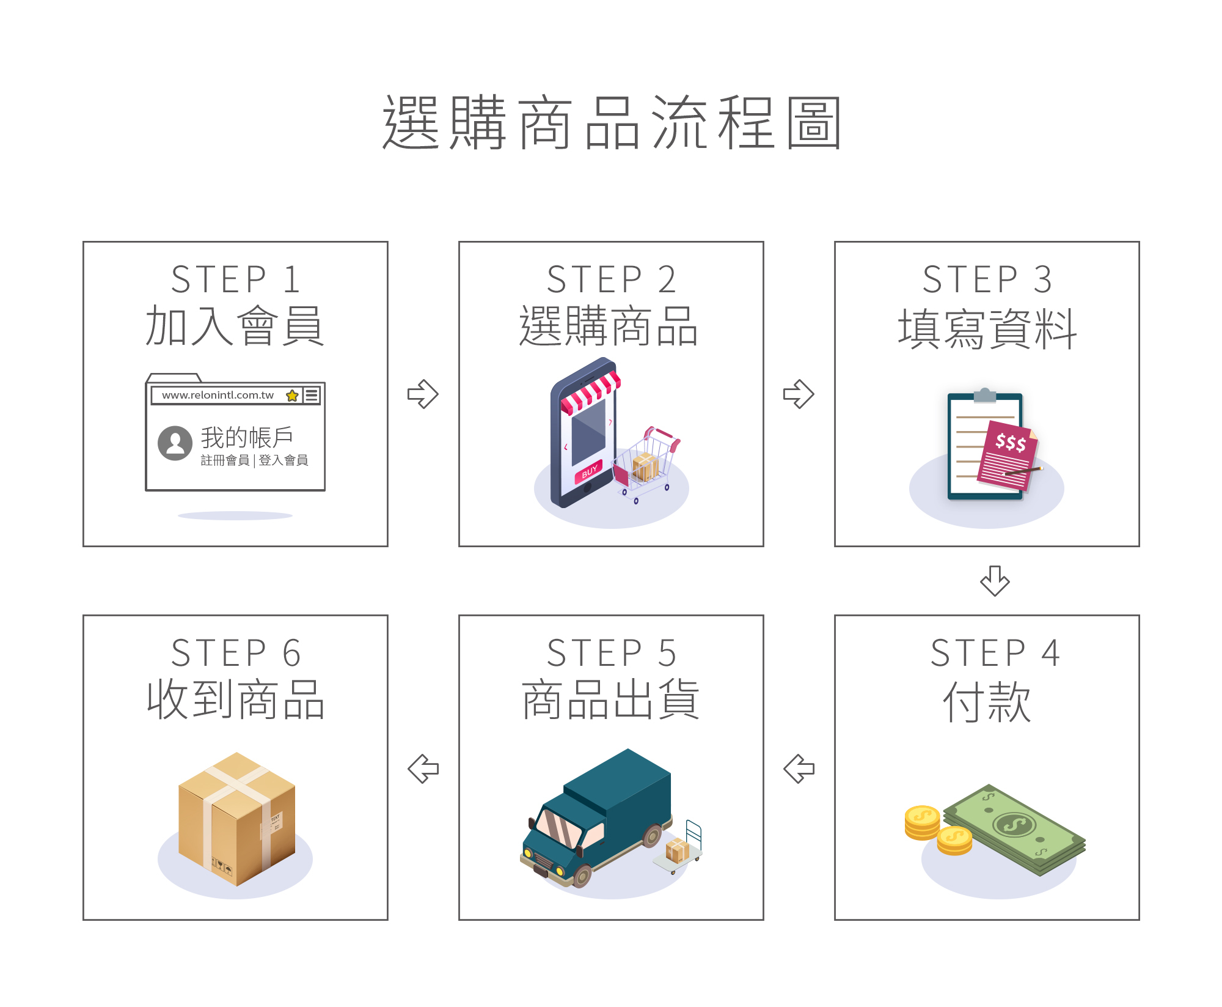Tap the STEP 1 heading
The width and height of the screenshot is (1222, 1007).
click(235, 279)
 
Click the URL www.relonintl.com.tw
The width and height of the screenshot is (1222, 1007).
click(218, 395)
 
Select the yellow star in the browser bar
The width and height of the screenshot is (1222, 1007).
click(292, 396)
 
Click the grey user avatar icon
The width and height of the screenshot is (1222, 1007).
click(175, 443)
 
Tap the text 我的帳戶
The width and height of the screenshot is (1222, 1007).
click(247, 437)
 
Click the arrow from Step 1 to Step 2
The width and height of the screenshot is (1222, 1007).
click(423, 394)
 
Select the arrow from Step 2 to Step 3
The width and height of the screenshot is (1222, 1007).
click(799, 394)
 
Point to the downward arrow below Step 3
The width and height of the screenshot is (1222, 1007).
click(995, 580)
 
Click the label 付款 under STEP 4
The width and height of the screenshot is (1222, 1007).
click(987, 702)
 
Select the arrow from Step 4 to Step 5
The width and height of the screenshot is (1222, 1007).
click(799, 769)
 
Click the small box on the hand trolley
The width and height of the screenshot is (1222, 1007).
click(677, 850)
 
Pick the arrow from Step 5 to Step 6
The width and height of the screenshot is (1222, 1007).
click(423, 769)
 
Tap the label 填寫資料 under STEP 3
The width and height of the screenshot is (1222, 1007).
click(987, 329)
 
